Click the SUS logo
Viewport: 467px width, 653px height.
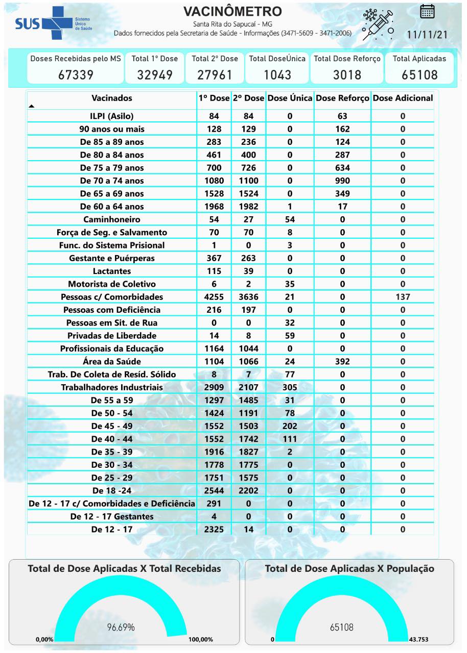pyautogui.click(x=46, y=23)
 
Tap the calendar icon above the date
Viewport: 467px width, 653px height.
pyautogui.click(x=427, y=11)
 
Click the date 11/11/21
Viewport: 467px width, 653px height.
pyautogui.click(x=427, y=34)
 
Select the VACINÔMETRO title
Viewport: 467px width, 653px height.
pyautogui.click(x=232, y=11)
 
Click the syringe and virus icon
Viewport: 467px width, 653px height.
pyautogui.click(x=378, y=24)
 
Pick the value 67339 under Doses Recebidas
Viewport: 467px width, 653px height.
pyautogui.click(x=76, y=75)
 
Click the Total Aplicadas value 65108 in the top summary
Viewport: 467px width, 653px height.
pyautogui.click(x=419, y=75)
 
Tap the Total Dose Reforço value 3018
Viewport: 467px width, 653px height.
pyautogui.click(x=347, y=75)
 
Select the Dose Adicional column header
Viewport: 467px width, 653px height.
pyautogui.click(x=403, y=98)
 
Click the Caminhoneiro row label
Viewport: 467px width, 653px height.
pyautogui.click(x=112, y=219)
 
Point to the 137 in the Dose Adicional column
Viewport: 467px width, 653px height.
pyautogui.click(x=403, y=297)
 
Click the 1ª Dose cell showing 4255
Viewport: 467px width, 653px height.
pyautogui.click(x=214, y=297)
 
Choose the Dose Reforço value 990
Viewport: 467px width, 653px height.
pyautogui.click(x=342, y=181)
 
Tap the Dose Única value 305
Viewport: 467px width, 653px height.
pyautogui.click(x=290, y=387)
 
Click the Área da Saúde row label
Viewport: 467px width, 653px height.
pyautogui.click(x=112, y=361)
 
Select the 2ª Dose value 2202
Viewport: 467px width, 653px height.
pyautogui.click(x=248, y=490)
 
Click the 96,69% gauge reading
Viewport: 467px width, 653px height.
pyautogui.click(x=121, y=627)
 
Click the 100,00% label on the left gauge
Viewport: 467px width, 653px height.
pyautogui.click(x=200, y=639)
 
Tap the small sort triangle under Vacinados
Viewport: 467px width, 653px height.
pyautogui.click(x=32, y=106)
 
